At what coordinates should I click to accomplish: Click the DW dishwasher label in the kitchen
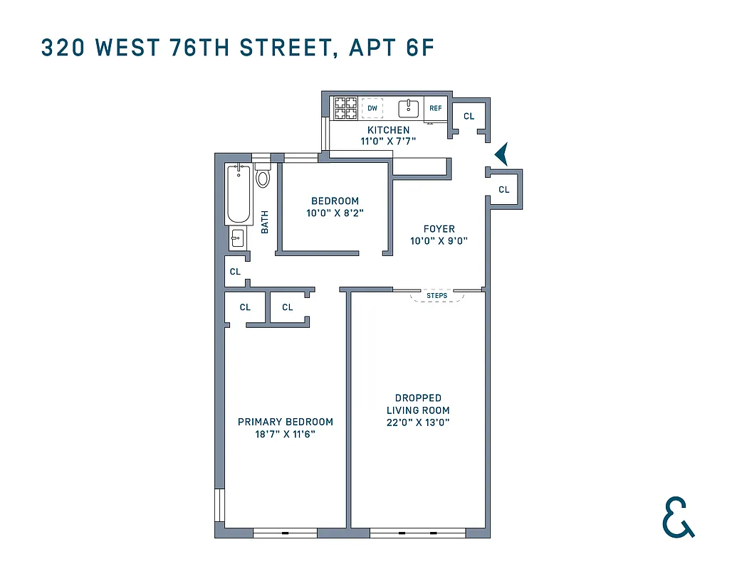coord(372,108)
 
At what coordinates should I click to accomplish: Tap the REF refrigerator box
coord(435,109)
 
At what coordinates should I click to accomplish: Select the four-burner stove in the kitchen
coord(346,108)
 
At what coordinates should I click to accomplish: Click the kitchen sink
coord(408,108)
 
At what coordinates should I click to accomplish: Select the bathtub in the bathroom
coord(239,194)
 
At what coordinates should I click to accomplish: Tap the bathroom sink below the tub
coord(238,238)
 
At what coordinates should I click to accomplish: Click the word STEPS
coord(437,294)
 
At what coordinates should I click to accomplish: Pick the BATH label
coord(265,222)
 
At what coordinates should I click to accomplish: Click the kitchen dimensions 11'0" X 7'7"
coord(388,142)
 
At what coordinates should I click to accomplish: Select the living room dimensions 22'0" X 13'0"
coord(418,422)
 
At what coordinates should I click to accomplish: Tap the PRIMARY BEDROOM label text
coord(286,422)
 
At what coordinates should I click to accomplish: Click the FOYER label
coord(439,229)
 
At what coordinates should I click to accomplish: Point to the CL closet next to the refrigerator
coord(469,116)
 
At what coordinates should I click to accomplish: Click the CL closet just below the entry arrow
coord(504,189)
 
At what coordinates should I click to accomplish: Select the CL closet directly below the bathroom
coord(235,272)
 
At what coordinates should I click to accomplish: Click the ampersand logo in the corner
coord(678,517)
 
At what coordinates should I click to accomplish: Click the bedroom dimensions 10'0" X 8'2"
coord(335,213)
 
